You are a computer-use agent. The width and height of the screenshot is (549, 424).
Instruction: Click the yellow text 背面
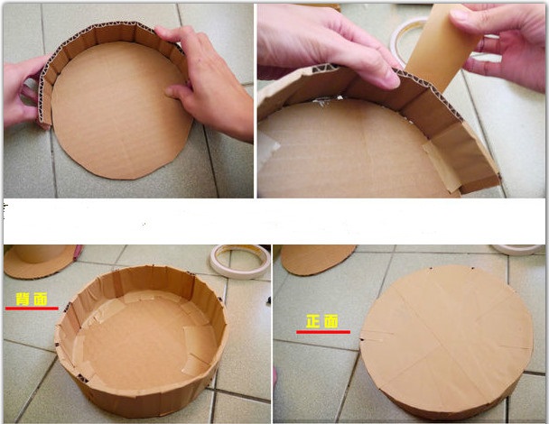click(x=32, y=300)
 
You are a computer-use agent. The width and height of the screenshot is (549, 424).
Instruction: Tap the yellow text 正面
click(x=322, y=321)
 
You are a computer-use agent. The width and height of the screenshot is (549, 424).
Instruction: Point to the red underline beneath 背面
click(x=32, y=309)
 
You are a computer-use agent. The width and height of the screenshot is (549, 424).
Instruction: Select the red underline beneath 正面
click(x=323, y=332)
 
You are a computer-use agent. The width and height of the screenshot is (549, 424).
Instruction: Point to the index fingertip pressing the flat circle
click(x=171, y=93)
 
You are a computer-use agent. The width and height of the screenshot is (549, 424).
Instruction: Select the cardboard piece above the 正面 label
click(x=317, y=259)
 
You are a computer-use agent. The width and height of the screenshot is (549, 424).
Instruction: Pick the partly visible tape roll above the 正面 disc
click(x=517, y=249)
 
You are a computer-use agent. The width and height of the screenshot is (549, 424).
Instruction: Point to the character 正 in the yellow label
click(x=313, y=321)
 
